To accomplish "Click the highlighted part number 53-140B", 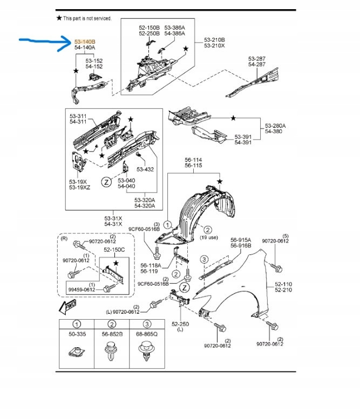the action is coord(85,42).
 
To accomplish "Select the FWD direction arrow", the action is coord(67,307).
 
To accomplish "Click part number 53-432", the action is coord(145,169).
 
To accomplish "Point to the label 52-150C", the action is coord(114,250).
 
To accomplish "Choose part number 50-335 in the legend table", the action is coord(77,334).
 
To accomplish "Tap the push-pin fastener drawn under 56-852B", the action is coord(111,351).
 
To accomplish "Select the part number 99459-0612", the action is coord(81,290).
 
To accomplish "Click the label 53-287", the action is coord(257,58).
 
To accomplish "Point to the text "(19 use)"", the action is coord(209,237).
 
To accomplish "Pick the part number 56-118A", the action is coord(151,265).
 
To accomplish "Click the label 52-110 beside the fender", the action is coord(283,284).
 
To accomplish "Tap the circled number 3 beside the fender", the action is coord(204,259).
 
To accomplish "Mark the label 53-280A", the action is coord(275,126).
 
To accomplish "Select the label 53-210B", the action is coord(214,40).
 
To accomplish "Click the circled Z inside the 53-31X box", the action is coord(106,182).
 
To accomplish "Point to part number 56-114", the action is coord(193,160).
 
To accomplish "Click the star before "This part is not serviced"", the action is coord(59,18).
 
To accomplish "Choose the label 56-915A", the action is coord(241,240).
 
